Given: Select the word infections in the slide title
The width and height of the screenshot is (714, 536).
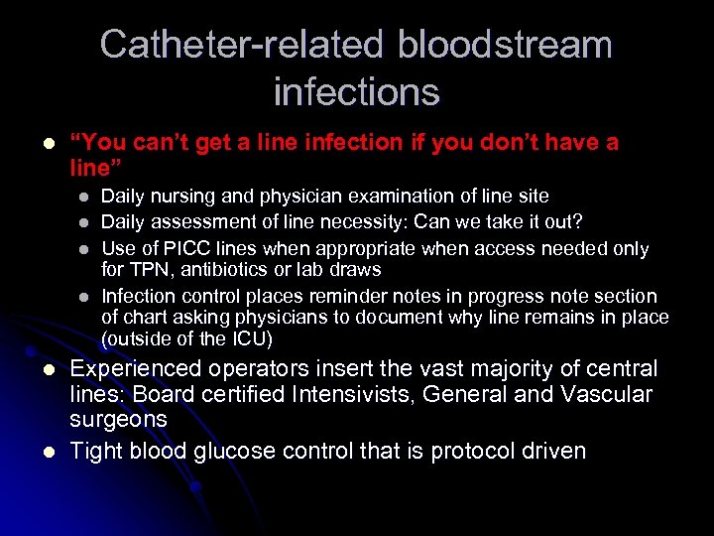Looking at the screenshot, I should pos(356,92).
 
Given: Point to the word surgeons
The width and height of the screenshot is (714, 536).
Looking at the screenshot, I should pos(118,420).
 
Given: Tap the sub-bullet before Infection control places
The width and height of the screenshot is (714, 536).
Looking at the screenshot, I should pos(84,297).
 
